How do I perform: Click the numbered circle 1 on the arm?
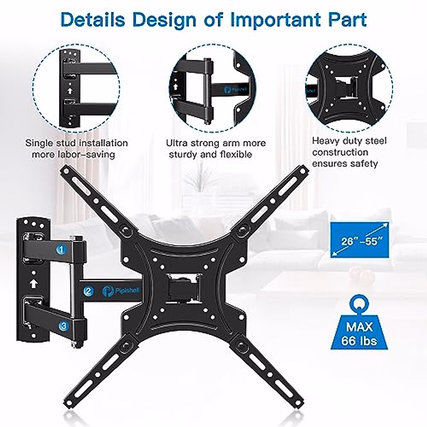[62, 250]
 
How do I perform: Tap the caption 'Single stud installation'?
[76, 143]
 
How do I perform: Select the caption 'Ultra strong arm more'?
[216, 143]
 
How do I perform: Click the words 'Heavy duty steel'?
[349, 141]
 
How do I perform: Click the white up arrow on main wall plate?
[33, 284]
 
